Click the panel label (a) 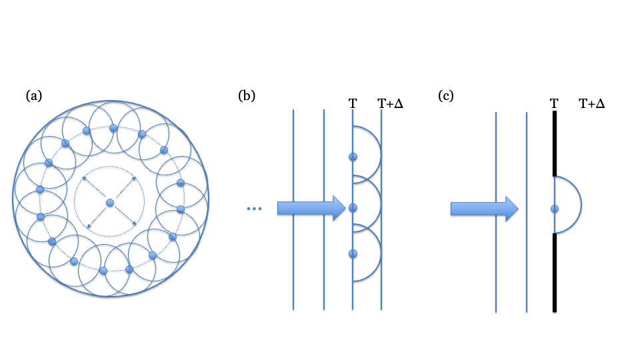point(34,95)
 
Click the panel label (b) point(247,95)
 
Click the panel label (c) point(446,95)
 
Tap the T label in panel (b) point(352,103)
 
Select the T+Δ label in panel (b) point(391,103)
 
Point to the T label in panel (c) point(554,103)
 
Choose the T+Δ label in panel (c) point(592,103)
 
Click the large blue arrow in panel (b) point(310,209)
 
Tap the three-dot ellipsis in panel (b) point(255,209)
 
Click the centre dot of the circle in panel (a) point(110,202)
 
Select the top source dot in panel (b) point(353,157)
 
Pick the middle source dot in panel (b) point(353,207)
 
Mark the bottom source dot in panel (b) point(353,253)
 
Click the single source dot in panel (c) point(555,209)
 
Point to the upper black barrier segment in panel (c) point(555,143)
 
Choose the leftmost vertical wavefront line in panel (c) point(496,267)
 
